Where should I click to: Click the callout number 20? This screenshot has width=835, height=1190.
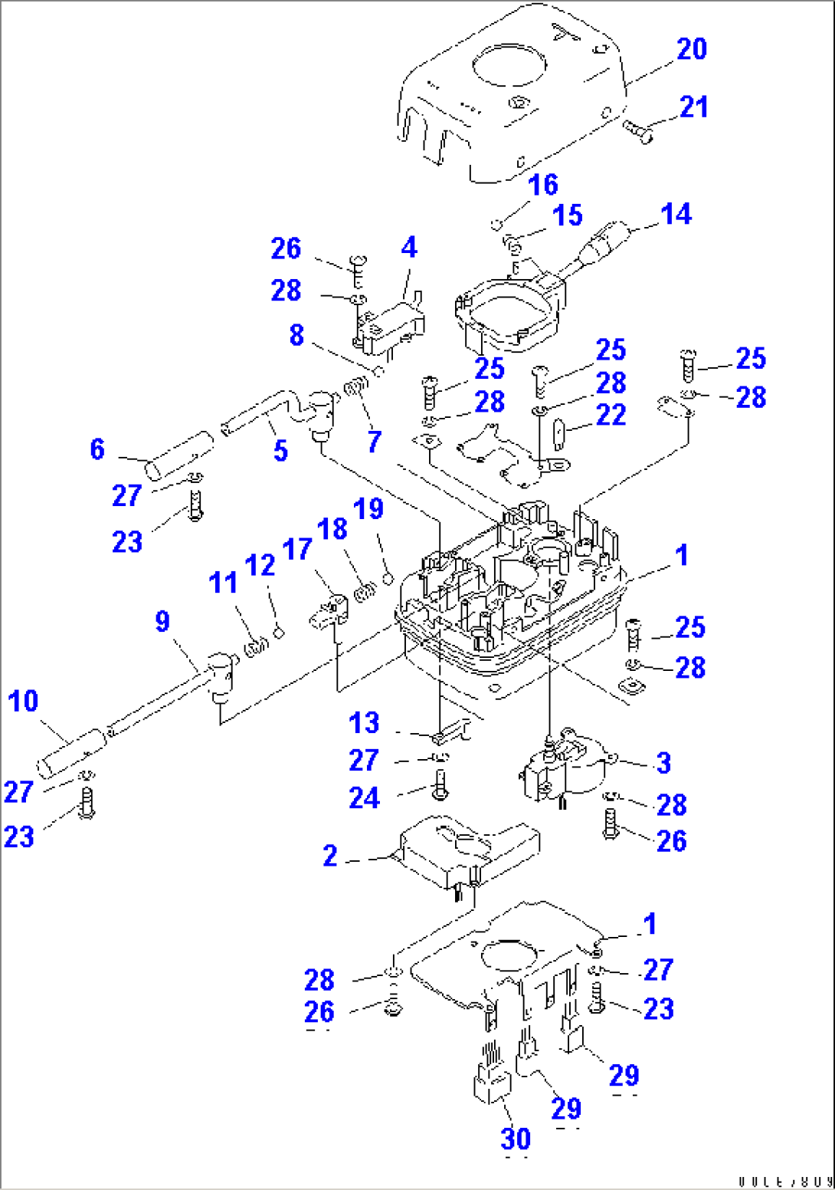tap(691, 49)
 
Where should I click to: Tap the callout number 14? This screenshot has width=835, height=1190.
tap(676, 215)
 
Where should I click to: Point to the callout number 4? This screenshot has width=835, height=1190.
tap(409, 248)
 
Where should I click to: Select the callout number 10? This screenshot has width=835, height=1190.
tap(23, 701)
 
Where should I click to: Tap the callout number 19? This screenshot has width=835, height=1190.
tap(368, 509)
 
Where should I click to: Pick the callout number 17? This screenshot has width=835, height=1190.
tap(296, 549)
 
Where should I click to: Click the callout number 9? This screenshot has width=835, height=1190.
tap(162, 621)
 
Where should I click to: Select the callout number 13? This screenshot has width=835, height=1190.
tap(364, 722)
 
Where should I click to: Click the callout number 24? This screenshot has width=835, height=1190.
tap(364, 797)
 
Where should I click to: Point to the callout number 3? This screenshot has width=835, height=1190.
tap(663, 763)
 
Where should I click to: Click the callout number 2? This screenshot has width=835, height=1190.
tap(330, 856)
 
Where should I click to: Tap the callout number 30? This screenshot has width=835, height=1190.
tap(516, 1139)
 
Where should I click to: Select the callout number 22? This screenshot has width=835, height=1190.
tap(611, 415)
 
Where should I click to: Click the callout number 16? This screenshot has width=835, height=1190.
tap(542, 185)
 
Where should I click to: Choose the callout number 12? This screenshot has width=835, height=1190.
tap(260, 566)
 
